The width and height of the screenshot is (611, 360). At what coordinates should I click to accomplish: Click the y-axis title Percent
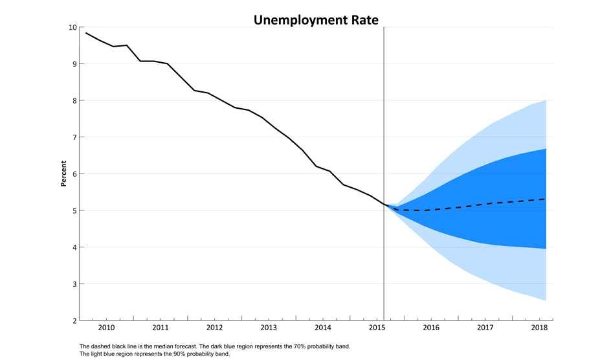[63, 174]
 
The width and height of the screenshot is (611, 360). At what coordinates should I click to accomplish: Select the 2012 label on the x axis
[214, 328]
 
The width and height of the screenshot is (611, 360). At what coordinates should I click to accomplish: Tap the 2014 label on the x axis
[322, 328]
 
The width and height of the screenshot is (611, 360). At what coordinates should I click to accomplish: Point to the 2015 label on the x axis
[377, 328]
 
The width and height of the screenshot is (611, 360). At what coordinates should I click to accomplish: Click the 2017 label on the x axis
[485, 328]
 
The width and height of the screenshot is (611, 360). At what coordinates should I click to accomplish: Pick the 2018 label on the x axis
[539, 328]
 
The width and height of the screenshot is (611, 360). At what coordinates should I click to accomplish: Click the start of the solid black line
[85, 32]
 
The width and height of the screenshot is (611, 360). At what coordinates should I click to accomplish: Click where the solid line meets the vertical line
[384, 205]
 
